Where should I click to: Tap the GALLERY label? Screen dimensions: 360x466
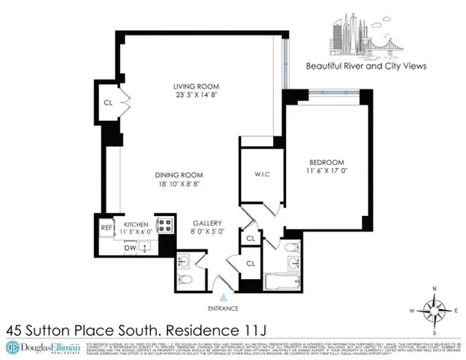[205, 223]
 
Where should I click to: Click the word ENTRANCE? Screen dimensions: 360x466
[223, 307]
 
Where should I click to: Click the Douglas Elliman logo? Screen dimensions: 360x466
[39, 346]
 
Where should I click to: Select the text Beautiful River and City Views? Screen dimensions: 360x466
[366, 65]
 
